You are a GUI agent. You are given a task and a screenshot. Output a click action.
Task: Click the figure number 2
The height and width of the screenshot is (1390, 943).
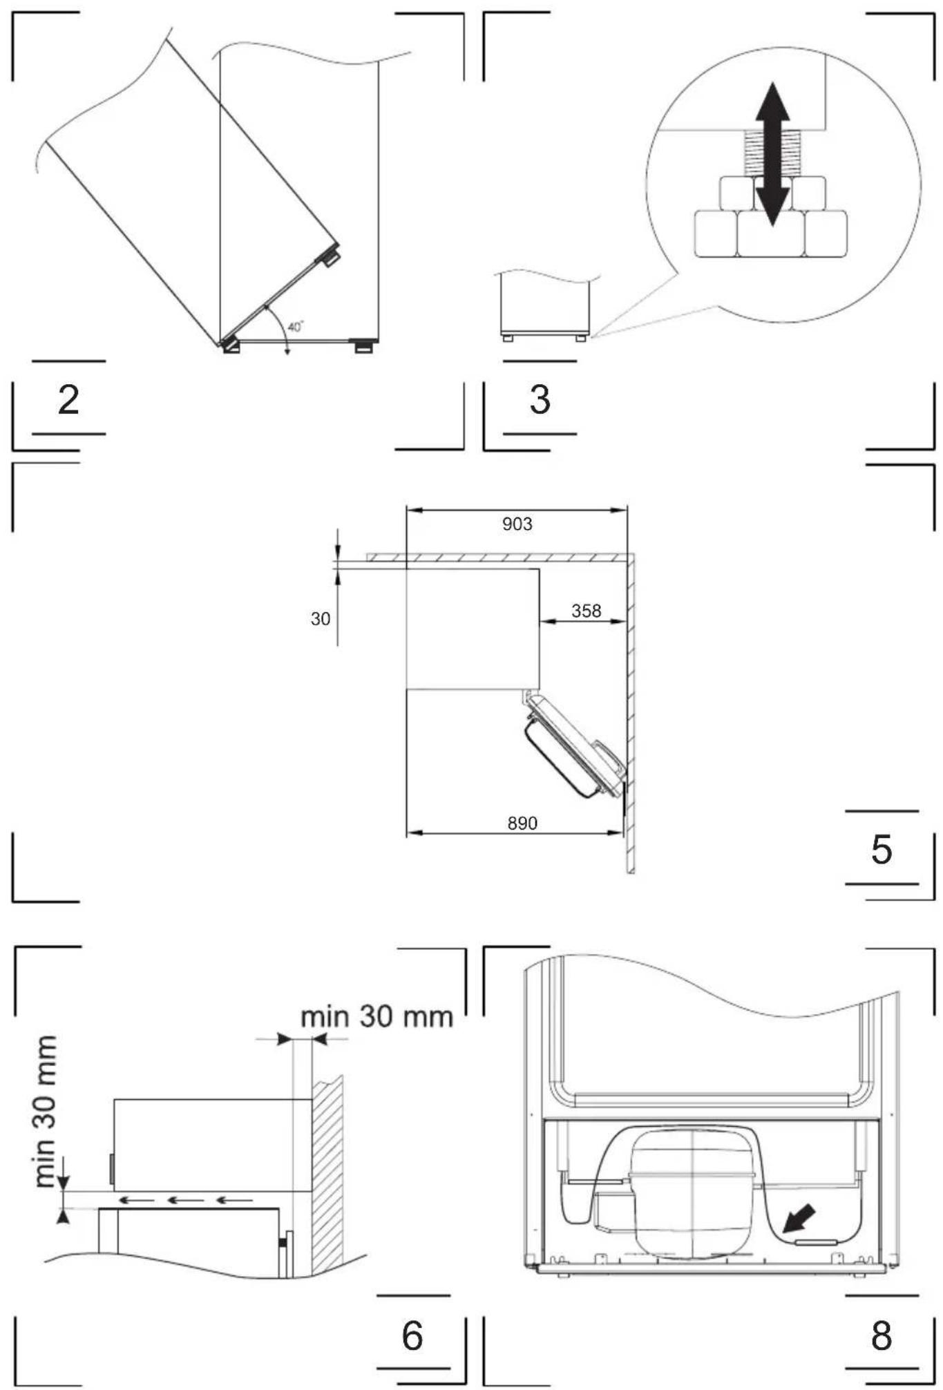pos(68,399)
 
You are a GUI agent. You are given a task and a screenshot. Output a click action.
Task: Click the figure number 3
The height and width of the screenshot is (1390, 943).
pos(540,399)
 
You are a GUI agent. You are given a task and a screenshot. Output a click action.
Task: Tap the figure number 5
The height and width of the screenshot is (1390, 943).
pos(882,849)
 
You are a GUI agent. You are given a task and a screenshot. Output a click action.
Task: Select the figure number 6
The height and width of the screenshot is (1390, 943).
pos(412,1335)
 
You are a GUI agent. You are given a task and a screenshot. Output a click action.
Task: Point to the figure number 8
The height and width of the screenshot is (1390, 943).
pos(882,1335)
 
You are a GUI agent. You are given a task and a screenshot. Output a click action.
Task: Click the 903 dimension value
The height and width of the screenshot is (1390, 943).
pos(517,524)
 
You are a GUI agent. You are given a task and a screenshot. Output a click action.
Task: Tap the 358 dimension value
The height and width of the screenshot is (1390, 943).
pos(586,611)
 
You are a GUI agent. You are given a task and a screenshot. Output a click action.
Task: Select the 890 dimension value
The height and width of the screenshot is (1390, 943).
pos(522,823)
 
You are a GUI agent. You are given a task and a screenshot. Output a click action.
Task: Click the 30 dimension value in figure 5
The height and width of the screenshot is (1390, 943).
pos(321,619)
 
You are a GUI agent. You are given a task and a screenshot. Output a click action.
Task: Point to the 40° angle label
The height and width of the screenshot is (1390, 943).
pos(296,327)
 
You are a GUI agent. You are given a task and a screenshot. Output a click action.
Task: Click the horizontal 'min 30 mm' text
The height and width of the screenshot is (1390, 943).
pos(377,1016)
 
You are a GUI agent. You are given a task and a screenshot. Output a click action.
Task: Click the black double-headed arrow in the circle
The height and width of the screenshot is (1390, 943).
pos(772,154)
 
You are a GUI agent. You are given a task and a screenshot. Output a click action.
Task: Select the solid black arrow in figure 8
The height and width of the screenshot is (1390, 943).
pos(799,1219)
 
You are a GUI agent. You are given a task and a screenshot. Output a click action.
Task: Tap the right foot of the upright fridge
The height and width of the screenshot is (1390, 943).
pos(363,345)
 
